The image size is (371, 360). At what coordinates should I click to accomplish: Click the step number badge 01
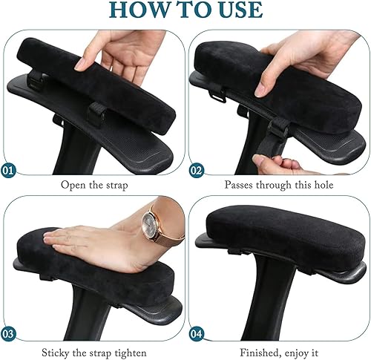click(8, 170)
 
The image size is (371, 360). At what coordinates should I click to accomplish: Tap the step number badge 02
click(197, 170)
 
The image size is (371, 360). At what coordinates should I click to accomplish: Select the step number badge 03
click(8, 334)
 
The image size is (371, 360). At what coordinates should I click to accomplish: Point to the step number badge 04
click(197, 334)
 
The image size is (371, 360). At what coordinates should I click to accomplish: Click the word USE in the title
click(237, 10)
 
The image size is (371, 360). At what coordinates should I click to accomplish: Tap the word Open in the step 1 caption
click(73, 186)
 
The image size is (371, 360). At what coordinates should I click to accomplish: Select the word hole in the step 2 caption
click(324, 185)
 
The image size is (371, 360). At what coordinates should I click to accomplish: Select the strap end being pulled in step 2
click(263, 146)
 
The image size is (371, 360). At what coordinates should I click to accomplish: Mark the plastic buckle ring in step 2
click(217, 96)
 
